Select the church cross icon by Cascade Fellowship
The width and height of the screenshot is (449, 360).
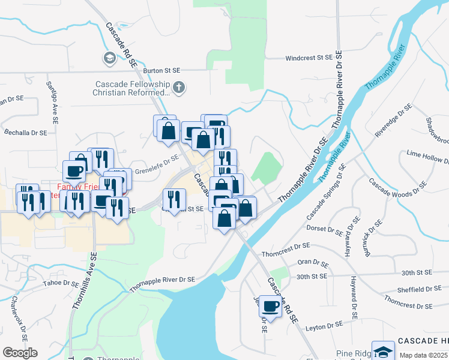pos(179,88)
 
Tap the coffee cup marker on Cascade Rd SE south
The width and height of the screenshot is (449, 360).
pos(270,307)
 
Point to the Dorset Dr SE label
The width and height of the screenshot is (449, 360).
pos(324,229)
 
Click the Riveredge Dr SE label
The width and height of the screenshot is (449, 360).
pos(394,121)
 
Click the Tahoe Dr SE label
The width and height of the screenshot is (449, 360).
pos(61,283)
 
